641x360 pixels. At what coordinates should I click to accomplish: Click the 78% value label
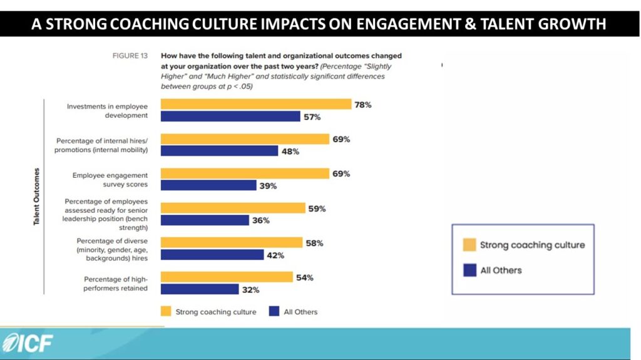363,105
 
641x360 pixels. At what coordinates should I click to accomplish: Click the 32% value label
250,289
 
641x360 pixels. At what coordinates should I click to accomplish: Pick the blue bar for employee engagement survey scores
208,185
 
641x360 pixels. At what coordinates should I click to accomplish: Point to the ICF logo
28,343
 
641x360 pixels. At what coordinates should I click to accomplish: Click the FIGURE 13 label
130,56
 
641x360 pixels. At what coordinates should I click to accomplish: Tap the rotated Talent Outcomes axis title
37,197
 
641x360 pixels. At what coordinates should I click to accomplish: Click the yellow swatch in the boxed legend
469,245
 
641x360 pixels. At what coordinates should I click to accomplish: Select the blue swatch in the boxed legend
469,270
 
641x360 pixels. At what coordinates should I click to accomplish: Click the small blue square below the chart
273,311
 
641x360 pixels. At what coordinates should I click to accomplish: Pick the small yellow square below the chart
166,311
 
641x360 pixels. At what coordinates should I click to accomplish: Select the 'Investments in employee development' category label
107,111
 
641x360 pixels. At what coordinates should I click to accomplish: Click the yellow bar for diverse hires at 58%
232,243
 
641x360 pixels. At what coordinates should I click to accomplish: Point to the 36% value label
261,220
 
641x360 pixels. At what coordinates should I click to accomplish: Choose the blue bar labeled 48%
219,151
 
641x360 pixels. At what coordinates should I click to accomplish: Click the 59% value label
317,208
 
